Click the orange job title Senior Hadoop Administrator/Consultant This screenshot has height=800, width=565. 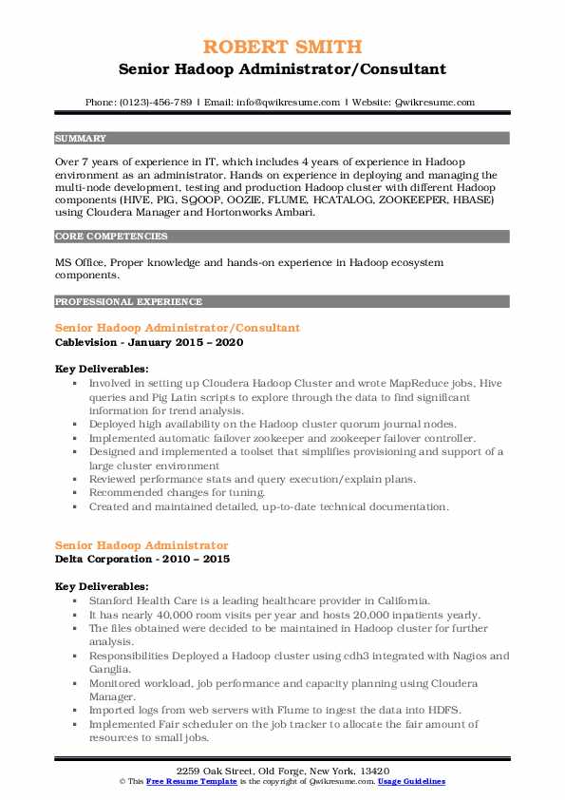[x=178, y=328]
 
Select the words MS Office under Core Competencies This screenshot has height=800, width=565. [x=79, y=261]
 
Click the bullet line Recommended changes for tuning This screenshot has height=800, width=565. [x=178, y=493]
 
